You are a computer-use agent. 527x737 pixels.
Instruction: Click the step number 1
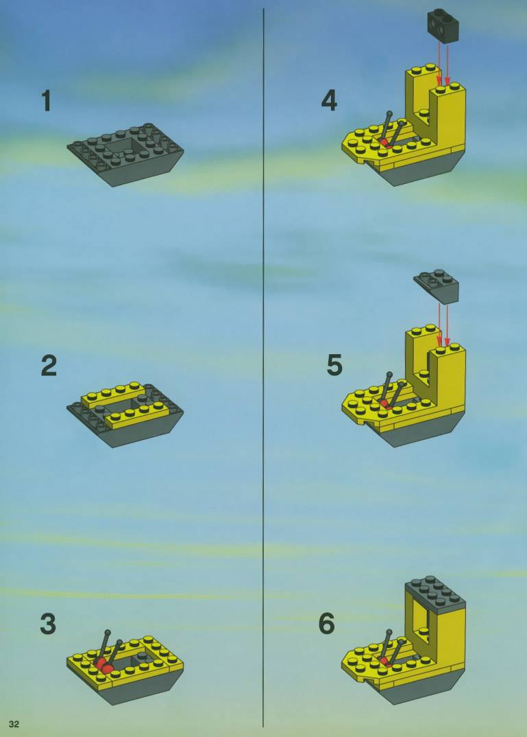[x=46, y=101]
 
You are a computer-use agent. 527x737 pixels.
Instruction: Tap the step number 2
[x=49, y=366]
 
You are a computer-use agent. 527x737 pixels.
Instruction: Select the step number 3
[x=49, y=624]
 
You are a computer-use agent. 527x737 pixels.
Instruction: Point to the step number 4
[x=329, y=101]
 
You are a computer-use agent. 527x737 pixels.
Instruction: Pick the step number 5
[x=334, y=366]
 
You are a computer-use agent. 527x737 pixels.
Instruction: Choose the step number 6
[x=327, y=624]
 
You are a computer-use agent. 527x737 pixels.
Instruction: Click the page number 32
[x=14, y=724]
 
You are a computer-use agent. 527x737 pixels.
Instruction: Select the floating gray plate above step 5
[x=437, y=285]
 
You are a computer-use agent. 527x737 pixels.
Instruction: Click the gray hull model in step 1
[x=125, y=154]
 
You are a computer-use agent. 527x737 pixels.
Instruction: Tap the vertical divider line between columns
[x=264, y=368]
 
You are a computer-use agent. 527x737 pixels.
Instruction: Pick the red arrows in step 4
[x=443, y=63]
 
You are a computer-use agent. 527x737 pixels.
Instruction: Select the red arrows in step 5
[x=443, y=325]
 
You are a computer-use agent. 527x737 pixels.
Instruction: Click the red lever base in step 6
[x=386, y=662]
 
